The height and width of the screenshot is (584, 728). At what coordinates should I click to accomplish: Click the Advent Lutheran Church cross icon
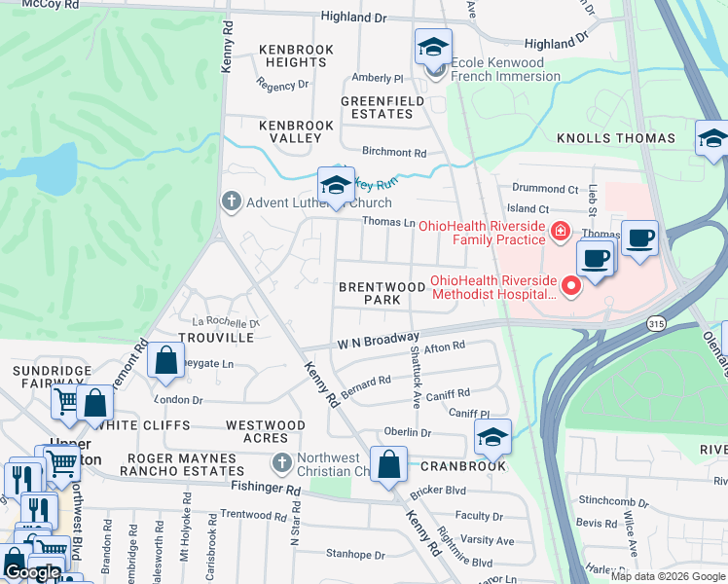(231, 202)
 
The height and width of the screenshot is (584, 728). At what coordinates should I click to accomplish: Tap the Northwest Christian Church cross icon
(281, 462)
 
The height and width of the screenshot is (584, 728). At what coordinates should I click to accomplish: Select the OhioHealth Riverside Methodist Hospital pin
(570, 286)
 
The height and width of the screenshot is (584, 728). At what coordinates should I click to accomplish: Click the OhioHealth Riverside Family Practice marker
(559, 232)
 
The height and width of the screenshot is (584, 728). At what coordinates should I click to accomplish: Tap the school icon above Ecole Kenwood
(433, 46)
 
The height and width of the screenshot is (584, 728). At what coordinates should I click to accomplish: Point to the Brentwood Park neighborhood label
(369, 294)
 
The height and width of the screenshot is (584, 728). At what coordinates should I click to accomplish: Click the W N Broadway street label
(378, 340)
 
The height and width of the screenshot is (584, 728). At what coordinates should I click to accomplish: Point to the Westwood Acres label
(265, 431)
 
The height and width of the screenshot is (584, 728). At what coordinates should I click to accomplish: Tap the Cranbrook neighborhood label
(463, 466)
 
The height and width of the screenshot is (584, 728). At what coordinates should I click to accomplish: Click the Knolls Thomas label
(615, 139)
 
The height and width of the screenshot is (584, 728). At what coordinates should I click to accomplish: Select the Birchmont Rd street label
(394, 153)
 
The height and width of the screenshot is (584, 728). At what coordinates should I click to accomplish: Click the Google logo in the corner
(32, 572)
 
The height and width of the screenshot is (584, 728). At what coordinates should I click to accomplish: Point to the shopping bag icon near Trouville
(166, 360)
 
